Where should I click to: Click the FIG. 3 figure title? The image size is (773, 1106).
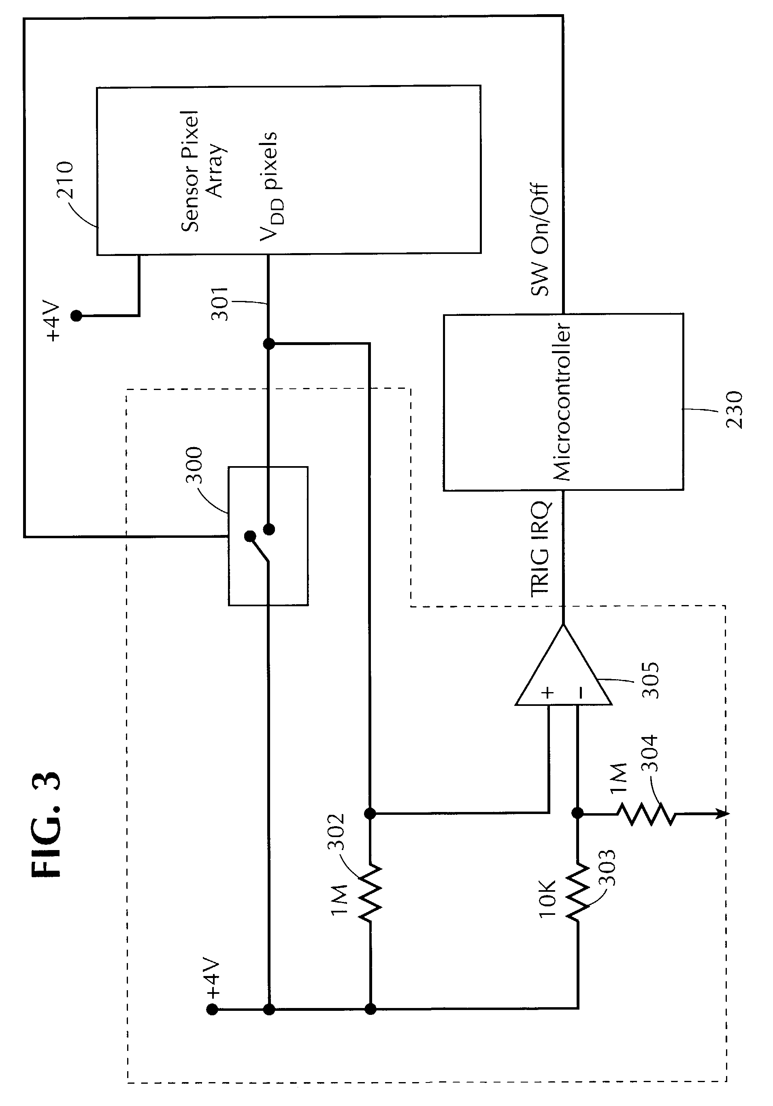tap(47, 824)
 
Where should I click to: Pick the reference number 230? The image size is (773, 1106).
tap(734, 410)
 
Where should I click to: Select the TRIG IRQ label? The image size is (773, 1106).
tap(541, 549)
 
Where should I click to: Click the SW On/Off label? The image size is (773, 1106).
tap(539, 239)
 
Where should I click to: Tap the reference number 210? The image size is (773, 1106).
tap(64, 181)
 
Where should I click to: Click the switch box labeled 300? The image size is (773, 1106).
tap(268, 536)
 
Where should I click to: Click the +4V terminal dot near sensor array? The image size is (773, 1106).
tap(76, 316)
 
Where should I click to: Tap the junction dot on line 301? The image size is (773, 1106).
tap(269, 343)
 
